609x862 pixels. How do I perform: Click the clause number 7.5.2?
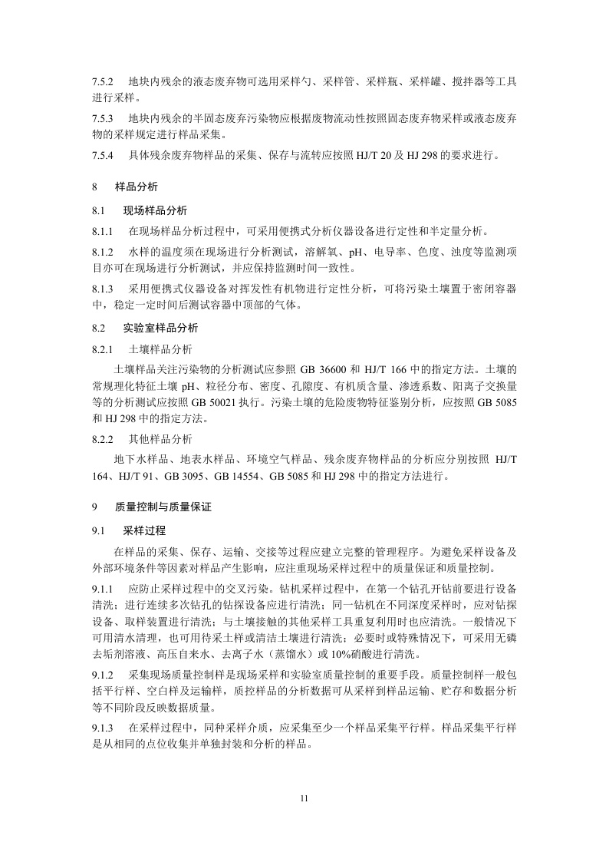point(103,81)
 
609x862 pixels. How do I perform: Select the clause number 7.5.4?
point(103,157)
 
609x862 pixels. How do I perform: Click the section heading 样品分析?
point(137,187)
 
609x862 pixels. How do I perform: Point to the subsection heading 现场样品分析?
point(155,210)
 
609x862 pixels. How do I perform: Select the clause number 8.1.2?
point(103,252)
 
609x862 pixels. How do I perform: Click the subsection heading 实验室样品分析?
point(160,328)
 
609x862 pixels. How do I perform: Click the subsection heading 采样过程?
point(144,530)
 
